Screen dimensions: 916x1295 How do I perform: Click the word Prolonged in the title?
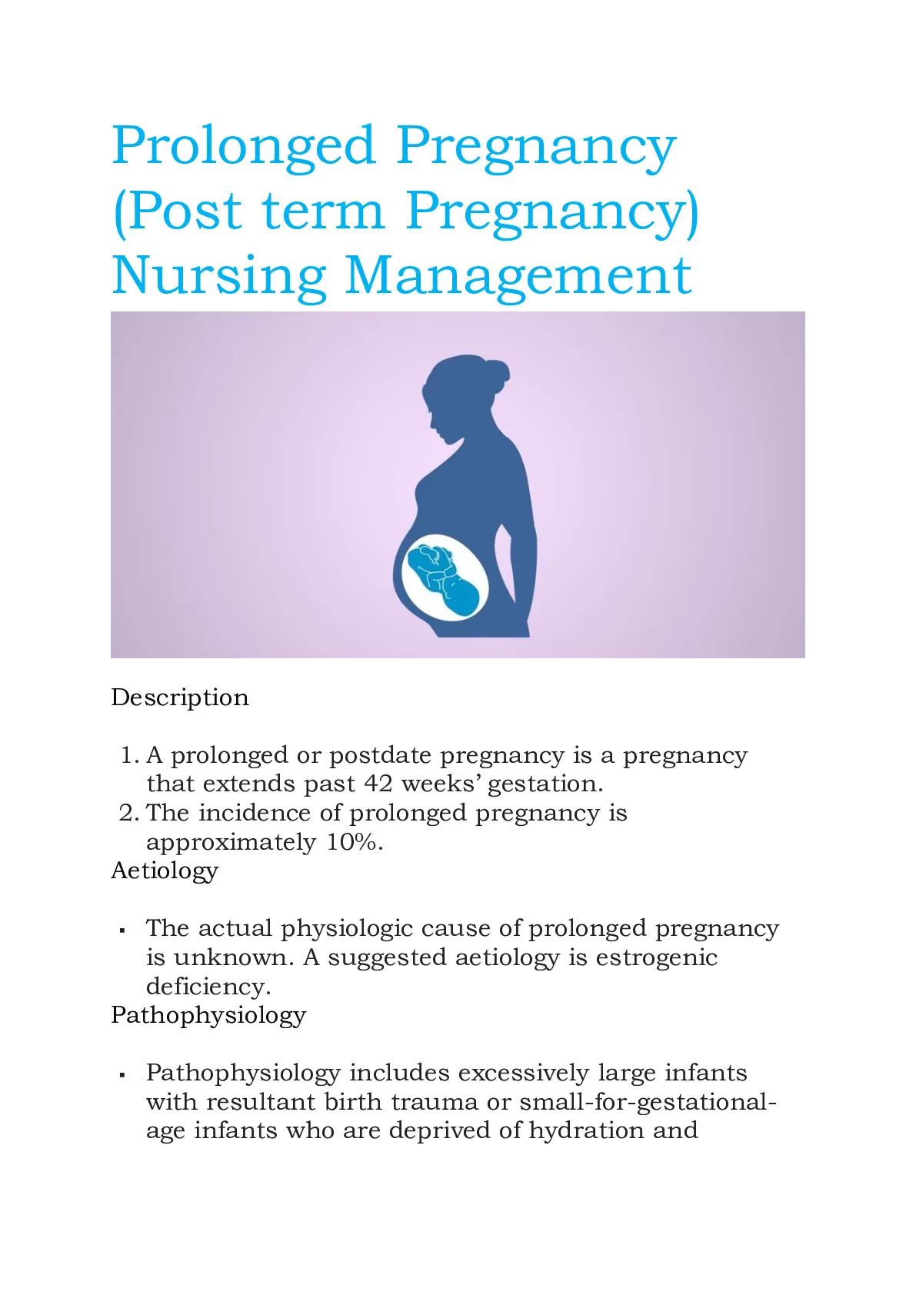(x=244, y=147)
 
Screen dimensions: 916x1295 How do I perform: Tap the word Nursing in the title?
(x=218, y=276)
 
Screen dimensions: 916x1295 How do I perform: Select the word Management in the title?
(x=518, y=276)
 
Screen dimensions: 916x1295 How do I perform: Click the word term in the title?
(x=323, y=211)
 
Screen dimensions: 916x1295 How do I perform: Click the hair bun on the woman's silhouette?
(x=498, y=371)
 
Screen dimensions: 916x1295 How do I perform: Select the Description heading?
(x=180, y=697)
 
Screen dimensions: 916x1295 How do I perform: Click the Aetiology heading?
(x=165, y=871)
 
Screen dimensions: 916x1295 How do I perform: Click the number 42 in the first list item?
(x=378, y=784)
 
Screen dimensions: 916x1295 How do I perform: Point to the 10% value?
(x=355, y=842)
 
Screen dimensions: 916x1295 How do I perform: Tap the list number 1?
(x=129, y=756)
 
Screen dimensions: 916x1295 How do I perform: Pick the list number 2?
(x=129, y=814)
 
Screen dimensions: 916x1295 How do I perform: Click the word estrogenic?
(x=656, y=958)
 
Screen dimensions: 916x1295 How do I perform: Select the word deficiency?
(x=208, y=987)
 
